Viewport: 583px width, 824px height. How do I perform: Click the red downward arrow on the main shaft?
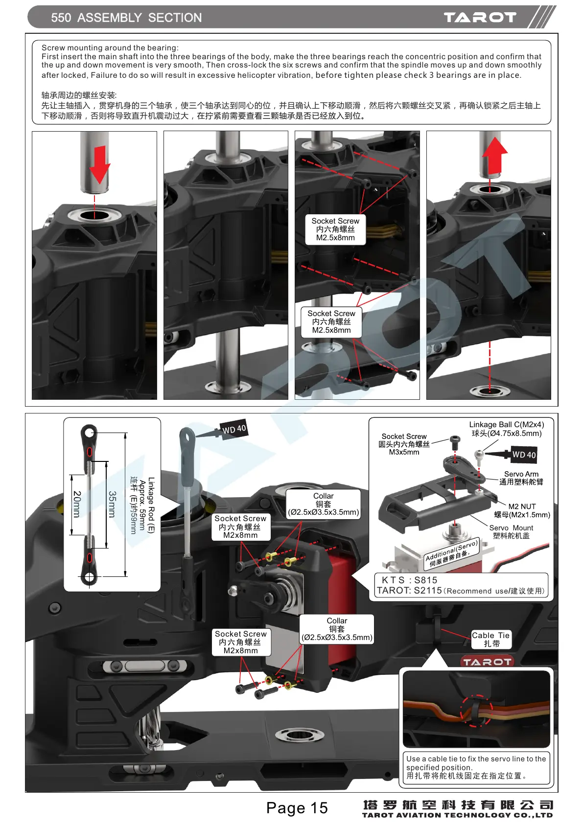[99, 164]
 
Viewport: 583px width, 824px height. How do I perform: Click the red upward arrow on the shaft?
[494, 156]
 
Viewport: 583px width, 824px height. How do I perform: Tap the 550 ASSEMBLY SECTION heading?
[126, 18]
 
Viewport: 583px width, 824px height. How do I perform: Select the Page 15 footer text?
[297, 808]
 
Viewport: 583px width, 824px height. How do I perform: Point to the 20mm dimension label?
[77, 504]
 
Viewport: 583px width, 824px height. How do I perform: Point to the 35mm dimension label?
[112, 504]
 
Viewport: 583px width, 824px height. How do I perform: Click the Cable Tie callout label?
[490, 640]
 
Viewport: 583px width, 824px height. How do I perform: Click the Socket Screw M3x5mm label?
[404, 444]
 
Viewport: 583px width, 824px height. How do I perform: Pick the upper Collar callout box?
[324, 504]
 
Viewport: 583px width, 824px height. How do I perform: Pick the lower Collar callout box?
[337, 629]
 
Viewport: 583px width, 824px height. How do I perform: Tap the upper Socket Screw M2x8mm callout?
[240, 526]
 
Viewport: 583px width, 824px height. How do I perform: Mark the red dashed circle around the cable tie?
[477, 710]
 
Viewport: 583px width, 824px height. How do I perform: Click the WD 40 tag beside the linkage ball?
[524, 455]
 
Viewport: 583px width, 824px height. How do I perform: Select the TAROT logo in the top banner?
[480, 18]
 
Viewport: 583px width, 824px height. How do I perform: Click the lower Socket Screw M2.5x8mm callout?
[331, 321]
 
